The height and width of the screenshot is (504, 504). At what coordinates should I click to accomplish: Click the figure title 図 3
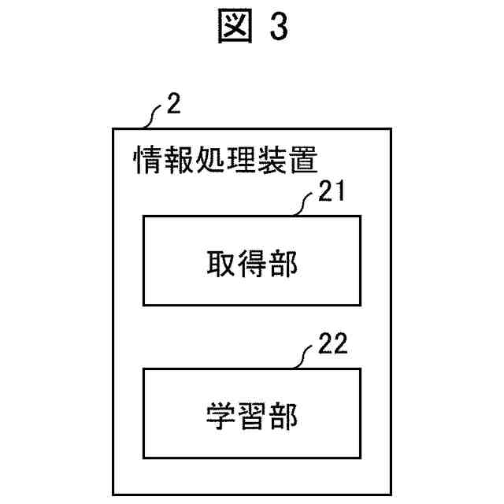click(x=252, y=27)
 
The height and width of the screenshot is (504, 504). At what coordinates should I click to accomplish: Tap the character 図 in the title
click(x=230, y=27)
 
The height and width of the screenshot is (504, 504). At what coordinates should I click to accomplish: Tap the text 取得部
click(x=252, y=264)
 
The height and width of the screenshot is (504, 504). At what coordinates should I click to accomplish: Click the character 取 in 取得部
click(x=219, y=264)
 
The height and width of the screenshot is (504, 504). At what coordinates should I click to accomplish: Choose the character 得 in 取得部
click(x=252, y=264)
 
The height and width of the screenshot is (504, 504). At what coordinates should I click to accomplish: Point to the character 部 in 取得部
click(x=284, y=264)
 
